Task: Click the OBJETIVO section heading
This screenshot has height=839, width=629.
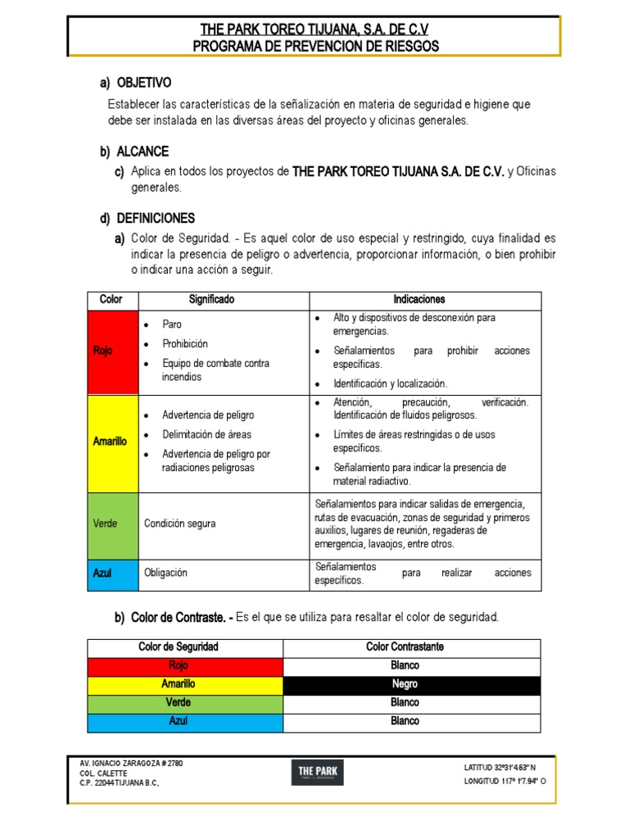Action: click(143, 83)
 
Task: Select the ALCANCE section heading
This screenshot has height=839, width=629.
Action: click(143, 152)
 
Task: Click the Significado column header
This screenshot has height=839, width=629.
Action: click(211, 300)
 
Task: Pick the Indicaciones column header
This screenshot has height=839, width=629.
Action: click(419, 300)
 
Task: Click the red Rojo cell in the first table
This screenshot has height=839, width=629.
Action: click(112, 351)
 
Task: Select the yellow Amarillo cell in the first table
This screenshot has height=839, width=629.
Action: click(112, 442)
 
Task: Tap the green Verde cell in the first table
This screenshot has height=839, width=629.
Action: click(112, 524)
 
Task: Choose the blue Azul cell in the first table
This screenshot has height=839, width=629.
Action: click(112, 574)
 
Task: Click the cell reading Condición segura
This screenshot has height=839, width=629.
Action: click(179, 524)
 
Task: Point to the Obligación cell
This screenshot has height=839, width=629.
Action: click(165, 574)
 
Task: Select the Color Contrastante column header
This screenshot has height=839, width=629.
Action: click(405, 647)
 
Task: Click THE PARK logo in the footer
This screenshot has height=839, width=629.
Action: click(319, 773)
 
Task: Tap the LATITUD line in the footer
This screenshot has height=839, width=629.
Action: click(500, 768)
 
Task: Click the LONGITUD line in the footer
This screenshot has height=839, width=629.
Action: click(505, 782)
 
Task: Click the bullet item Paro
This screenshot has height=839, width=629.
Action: click(172, 324)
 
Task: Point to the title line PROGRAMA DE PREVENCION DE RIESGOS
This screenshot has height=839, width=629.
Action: click(315, 47)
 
